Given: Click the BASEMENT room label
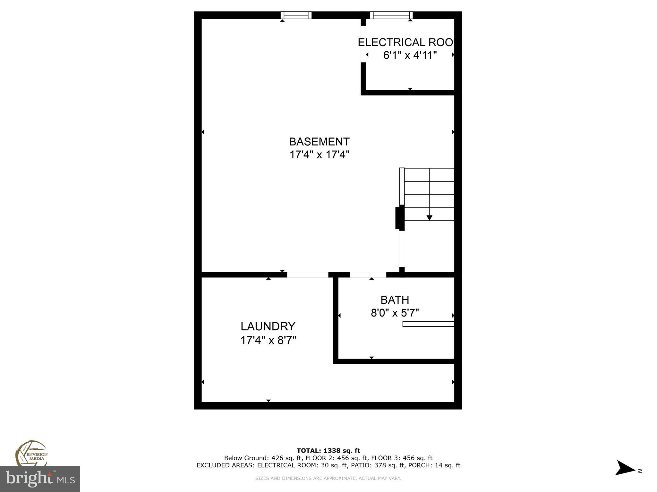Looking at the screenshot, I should [x=319, y=142].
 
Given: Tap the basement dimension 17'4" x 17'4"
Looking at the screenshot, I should [x=319, y=155].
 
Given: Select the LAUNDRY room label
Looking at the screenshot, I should [x=268, y=326].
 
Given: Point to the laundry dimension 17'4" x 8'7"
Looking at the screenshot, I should [x=268, y=340].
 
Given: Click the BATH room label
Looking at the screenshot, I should [x=395, y=300].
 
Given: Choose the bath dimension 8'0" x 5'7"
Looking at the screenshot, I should [x=395, y=313].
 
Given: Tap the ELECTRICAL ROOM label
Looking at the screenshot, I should [x=406, y=42].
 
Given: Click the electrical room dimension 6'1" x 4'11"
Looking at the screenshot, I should [x=410, y=55].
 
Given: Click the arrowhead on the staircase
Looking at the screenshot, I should [x=429, y=218].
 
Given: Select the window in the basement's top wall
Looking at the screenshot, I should [x=296, y=15].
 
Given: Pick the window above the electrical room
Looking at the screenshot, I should [x=391, y=15].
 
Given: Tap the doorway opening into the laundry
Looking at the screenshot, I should [x=307, y=275].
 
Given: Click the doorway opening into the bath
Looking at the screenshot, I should [x=368, y=275].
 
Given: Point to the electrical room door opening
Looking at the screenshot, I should [x=363, y=44].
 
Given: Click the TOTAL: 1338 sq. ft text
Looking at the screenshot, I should [x=328, y=451].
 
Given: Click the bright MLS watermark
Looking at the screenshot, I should [x=40, y=479].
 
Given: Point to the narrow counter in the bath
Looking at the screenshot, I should [x=428, y=324].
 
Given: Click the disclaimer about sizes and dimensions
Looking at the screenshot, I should [x=328, y=478].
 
